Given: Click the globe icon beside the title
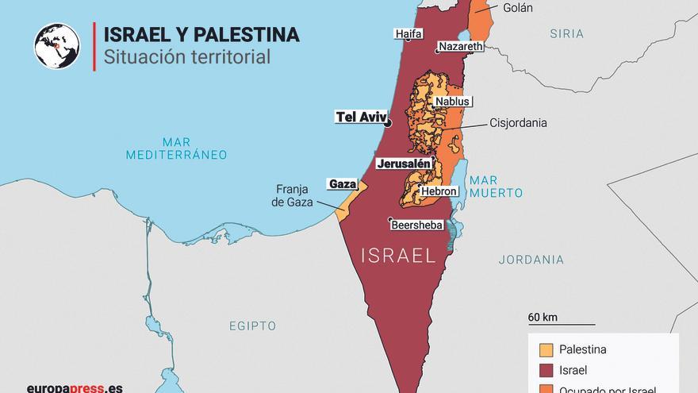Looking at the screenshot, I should point(57,45).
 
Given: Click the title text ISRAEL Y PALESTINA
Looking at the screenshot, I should point(196,35).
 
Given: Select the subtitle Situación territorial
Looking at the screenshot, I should point(182,57).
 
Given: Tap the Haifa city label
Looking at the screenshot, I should point(408,34).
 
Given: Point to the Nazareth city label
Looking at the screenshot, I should point(460,48).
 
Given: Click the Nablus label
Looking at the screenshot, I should point(452,102).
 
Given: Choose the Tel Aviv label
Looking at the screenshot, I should point(360,117).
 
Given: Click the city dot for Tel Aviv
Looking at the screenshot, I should point(388,123).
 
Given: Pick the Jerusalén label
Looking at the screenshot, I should point(404,164).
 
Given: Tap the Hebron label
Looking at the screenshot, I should point(439,191).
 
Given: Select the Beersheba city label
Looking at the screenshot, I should point(416,225).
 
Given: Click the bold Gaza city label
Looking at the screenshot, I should point(342,183).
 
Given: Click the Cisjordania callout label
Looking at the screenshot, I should point(518,123).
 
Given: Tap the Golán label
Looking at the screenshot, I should point(517,8).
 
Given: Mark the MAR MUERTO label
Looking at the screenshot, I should point(495,187).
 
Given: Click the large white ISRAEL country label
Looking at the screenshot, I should point(398,256).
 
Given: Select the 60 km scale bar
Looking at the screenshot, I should point(561,322).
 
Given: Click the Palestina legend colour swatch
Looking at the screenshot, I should point(546,349).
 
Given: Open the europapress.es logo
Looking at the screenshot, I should point(75,387).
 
